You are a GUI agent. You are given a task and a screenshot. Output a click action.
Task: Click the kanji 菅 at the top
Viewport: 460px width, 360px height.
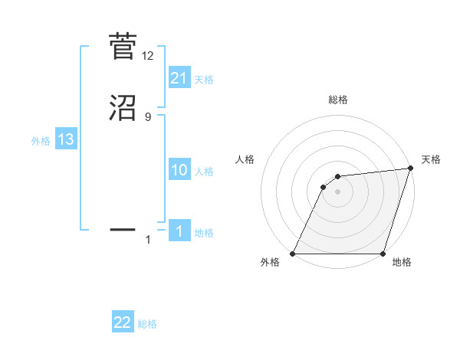[x=123, y=46]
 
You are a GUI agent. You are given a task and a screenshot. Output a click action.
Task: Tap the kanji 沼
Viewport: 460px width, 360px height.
[x=123, y=108]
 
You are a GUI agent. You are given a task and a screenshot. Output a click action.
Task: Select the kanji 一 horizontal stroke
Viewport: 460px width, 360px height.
[x=123, y=228]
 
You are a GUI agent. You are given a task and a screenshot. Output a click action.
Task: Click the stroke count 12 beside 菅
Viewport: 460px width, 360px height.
[x=148, y=55]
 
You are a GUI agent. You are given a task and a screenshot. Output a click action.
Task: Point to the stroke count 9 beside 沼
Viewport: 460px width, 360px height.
[x=148, y=117]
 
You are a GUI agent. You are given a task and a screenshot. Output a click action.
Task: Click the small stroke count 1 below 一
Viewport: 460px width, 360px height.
[x=148, y=241]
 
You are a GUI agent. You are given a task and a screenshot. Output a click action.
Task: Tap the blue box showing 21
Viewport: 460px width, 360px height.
[x=179, y=78]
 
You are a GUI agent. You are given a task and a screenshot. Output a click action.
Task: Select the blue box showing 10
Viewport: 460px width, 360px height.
[x=179, y=170]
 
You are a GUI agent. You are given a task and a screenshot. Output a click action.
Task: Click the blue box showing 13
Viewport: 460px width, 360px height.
[x=66, y=140]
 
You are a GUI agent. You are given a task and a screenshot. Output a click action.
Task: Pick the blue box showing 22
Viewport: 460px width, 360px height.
[x=123, y=323]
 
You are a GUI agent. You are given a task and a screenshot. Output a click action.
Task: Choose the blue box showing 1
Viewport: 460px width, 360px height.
[x=179, y=231]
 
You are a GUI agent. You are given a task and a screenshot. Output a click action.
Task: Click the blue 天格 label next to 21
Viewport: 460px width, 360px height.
[x=204, y=80]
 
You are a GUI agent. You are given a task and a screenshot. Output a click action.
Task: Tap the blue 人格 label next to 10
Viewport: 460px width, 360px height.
[x=204, y=172]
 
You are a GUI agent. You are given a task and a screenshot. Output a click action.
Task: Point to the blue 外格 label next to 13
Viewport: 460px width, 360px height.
[x=41, y=141]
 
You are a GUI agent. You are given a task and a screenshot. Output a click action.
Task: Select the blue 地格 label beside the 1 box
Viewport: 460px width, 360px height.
[x=204, y=233]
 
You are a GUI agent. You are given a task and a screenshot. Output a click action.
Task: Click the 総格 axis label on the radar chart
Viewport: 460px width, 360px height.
[x=337, y=100]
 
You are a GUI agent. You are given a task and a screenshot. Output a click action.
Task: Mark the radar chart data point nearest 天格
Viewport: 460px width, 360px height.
[x=410, y=169]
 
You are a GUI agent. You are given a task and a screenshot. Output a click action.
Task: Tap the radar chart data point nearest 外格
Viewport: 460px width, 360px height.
[x=293, y=254]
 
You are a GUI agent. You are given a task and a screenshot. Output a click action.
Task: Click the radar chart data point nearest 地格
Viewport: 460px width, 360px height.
[x=383, y=254]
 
